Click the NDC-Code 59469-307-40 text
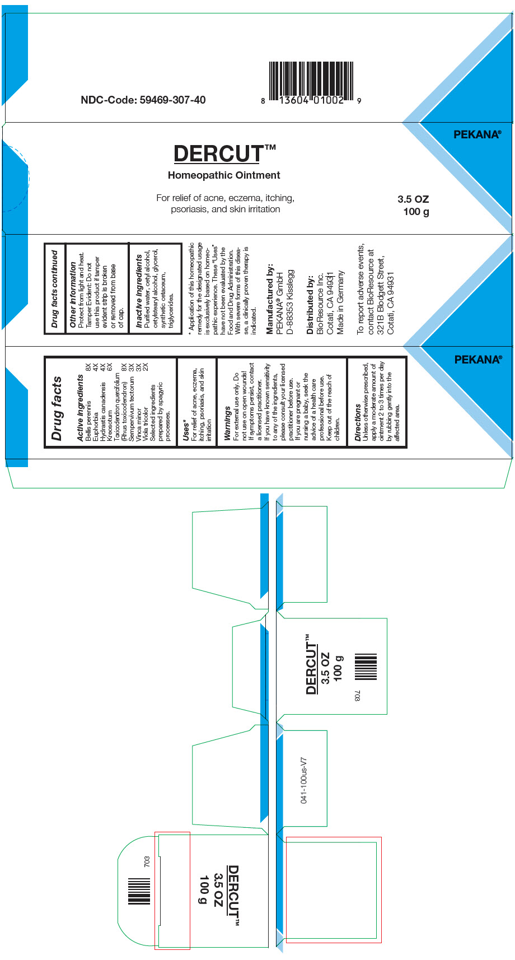point(143,100)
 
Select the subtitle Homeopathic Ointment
point(224,175)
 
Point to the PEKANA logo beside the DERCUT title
point(477,134)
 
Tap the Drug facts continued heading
point(54,289)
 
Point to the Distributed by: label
point(310,305)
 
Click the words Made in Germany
point(340,302)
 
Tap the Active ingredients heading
point(80,408)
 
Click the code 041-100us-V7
point(304,780)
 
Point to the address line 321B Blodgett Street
point(380,296)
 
